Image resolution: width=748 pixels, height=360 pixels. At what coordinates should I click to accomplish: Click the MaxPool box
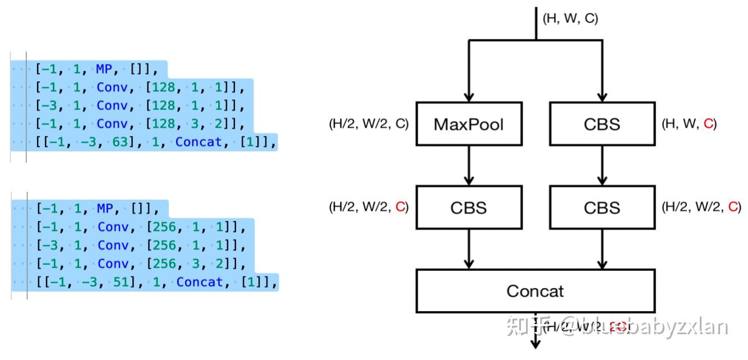[469, 123]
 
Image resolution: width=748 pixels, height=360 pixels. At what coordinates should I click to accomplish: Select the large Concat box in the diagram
[535, 290]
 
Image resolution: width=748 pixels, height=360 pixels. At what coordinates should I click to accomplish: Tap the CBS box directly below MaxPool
[469, 207]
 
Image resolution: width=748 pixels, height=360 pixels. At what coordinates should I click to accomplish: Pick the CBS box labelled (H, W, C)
[602, 123]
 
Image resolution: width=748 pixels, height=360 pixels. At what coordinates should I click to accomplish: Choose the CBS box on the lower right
[602, 207]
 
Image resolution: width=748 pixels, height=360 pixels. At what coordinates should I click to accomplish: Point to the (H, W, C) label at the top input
[570, 19]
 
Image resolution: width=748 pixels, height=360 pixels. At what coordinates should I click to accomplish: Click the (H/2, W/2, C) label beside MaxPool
[368, 124]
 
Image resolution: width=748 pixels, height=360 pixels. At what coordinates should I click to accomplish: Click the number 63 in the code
[120, 142]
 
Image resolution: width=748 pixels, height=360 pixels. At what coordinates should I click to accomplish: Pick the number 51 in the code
[121, 282]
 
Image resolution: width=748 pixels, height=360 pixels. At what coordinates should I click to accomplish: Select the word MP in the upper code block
[104, 69]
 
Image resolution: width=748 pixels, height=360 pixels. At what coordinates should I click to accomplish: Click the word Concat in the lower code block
[200, 282]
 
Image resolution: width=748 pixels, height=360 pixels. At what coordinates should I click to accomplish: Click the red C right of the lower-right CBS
[733, 207]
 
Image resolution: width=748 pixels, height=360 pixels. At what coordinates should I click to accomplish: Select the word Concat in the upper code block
[198, 142]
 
